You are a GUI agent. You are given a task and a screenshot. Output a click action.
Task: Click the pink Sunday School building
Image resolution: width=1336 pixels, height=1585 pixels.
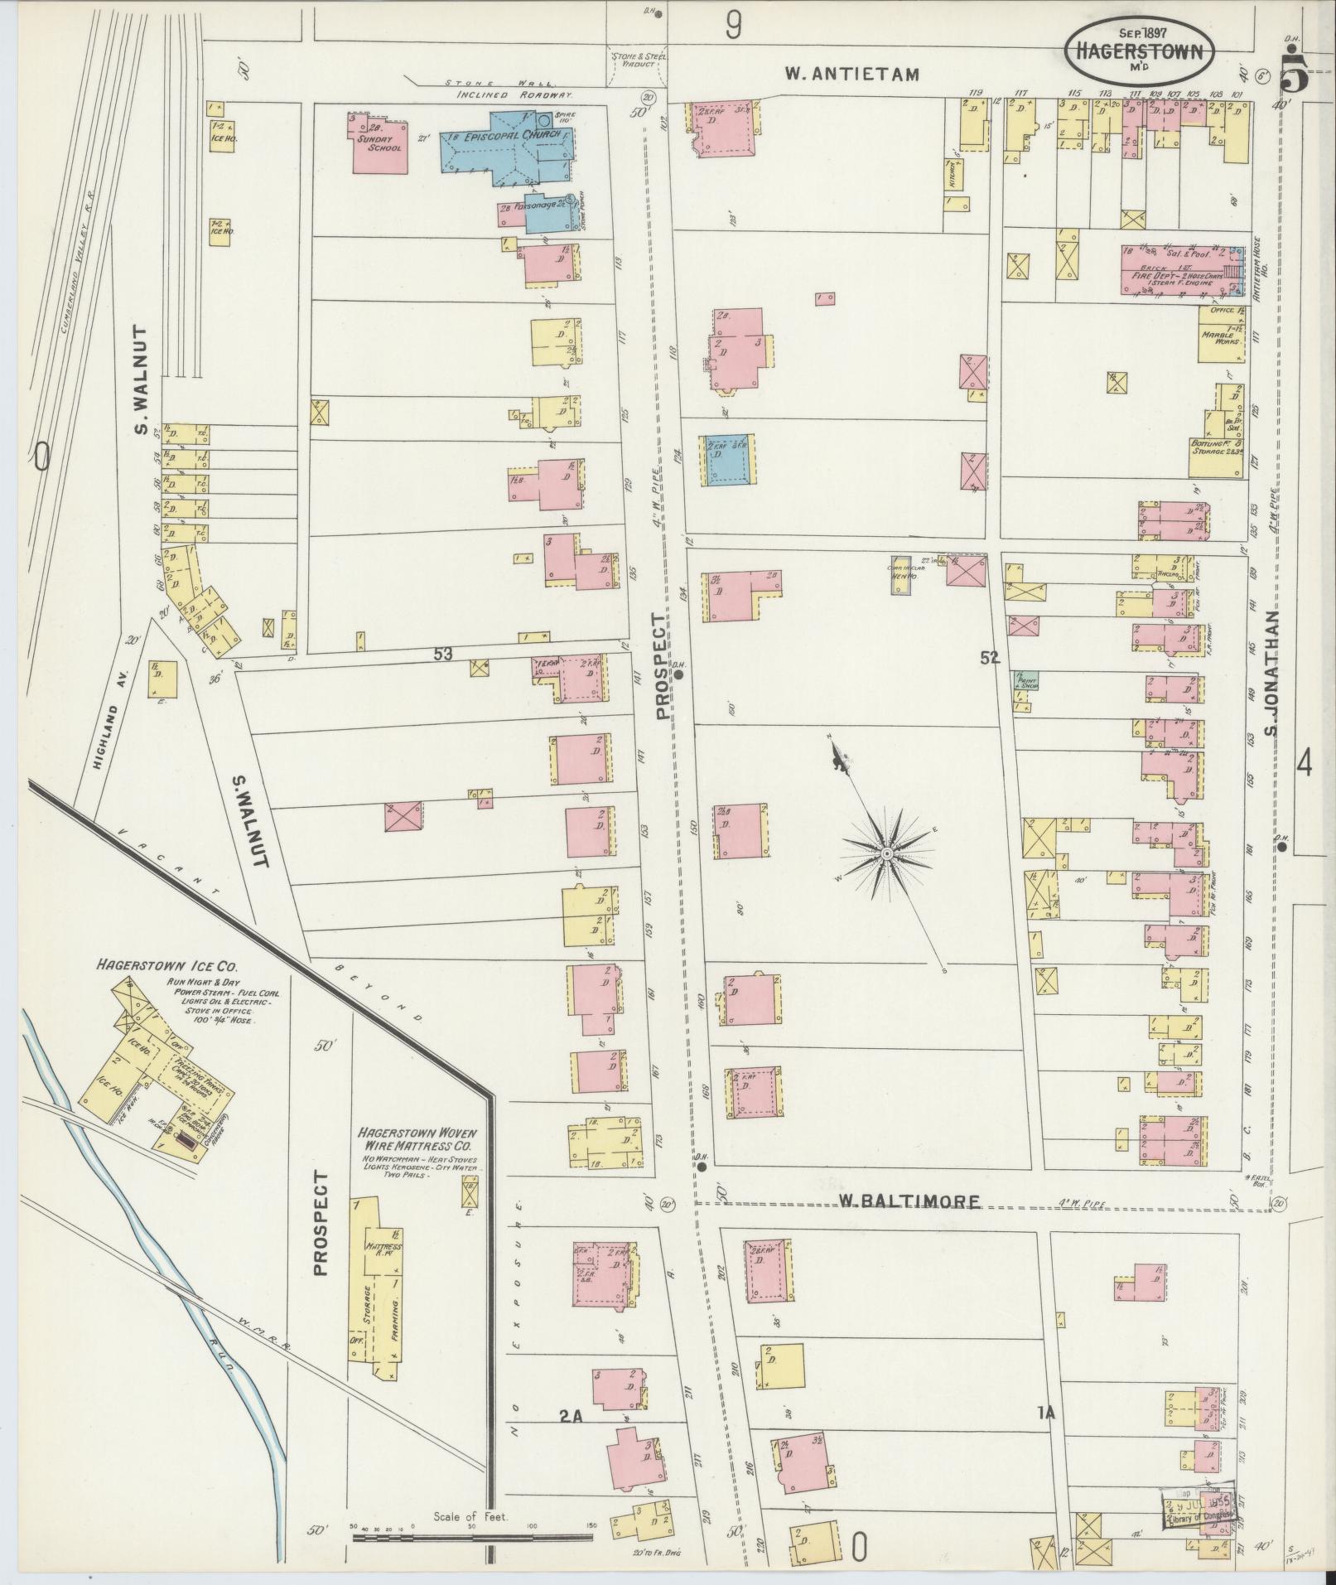(x=379, y=144)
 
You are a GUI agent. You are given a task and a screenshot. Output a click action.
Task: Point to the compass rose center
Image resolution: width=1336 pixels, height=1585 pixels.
(x=886, y=852)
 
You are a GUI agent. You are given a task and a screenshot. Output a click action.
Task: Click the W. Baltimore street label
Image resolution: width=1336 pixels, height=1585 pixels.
(x=908, y=1201)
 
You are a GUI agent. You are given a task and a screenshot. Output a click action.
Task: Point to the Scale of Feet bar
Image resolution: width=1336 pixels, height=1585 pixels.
(x=472, y=1537)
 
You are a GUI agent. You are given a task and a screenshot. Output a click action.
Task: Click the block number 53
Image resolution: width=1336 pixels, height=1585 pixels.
(x=442, y=654)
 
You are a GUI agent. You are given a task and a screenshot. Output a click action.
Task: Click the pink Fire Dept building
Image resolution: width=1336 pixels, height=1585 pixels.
(x=1176, y=271)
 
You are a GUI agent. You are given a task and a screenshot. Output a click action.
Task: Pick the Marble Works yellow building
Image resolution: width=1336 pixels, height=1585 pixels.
(x=1222, y=334)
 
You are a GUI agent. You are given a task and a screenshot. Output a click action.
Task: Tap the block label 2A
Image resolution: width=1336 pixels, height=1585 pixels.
(x=570, y=1417)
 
